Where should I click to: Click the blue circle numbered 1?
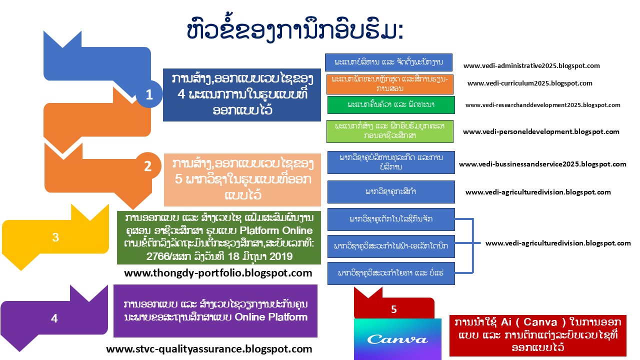click(x=148, y=94)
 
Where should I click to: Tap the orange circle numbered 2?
click(x=147, y=166)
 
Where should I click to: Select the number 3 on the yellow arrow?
click(x=55, y=238)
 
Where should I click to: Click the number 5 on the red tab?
click(x=394, y=309)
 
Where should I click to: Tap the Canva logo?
click(x=397, y=339)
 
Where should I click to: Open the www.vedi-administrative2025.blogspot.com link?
click(x=531, y=65)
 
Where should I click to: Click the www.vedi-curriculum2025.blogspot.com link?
click(x=530, y=83)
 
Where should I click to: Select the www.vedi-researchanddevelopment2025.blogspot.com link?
click(x=542, y=105)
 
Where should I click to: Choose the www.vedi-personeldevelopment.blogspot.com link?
click(x=541, y=132)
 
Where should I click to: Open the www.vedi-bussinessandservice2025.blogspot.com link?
click(x=542, y=164)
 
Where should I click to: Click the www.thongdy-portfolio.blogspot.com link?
click(x=218, y=273)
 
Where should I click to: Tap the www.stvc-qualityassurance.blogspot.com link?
click(x=209, y=349)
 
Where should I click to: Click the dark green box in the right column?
click(x=390, y=105)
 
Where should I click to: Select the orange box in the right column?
click(x=390, y=84)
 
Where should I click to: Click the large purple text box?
click(x=215, y=311)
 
